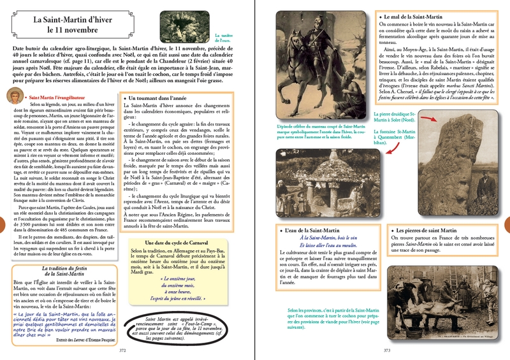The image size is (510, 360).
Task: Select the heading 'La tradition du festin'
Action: [57, 270]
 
